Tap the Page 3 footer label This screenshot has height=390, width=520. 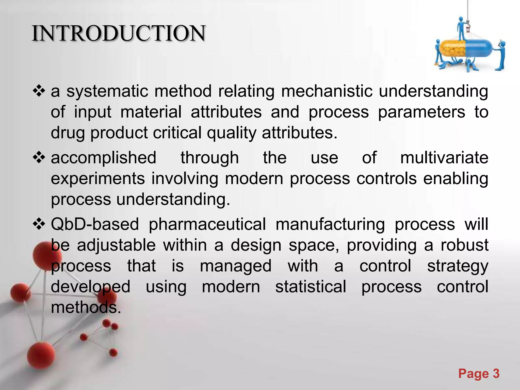pyautogui.click(x=479, y=374)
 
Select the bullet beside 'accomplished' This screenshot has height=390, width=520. pyautogui.click(x=39, y=158)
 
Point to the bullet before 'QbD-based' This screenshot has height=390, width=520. pyautogui.click(x=39, y=224)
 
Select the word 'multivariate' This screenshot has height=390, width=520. pyautogui.click(x=444, y=158)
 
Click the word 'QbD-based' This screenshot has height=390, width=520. pyautogui.click(x=95, y=224)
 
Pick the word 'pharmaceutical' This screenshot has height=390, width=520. pyautogui.click(x=207, y=224)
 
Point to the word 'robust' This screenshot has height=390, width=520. pyautogui.click(x=464, y=245)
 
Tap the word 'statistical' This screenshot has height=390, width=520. pyautogui.click(x=311, y=287)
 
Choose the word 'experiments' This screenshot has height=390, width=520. pyautogui.click(x=98, y=178)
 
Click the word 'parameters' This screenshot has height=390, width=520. pyautogui.click(x=421, y=112)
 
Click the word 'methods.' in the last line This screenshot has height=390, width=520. pyautogui.click(x=86, y=307)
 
